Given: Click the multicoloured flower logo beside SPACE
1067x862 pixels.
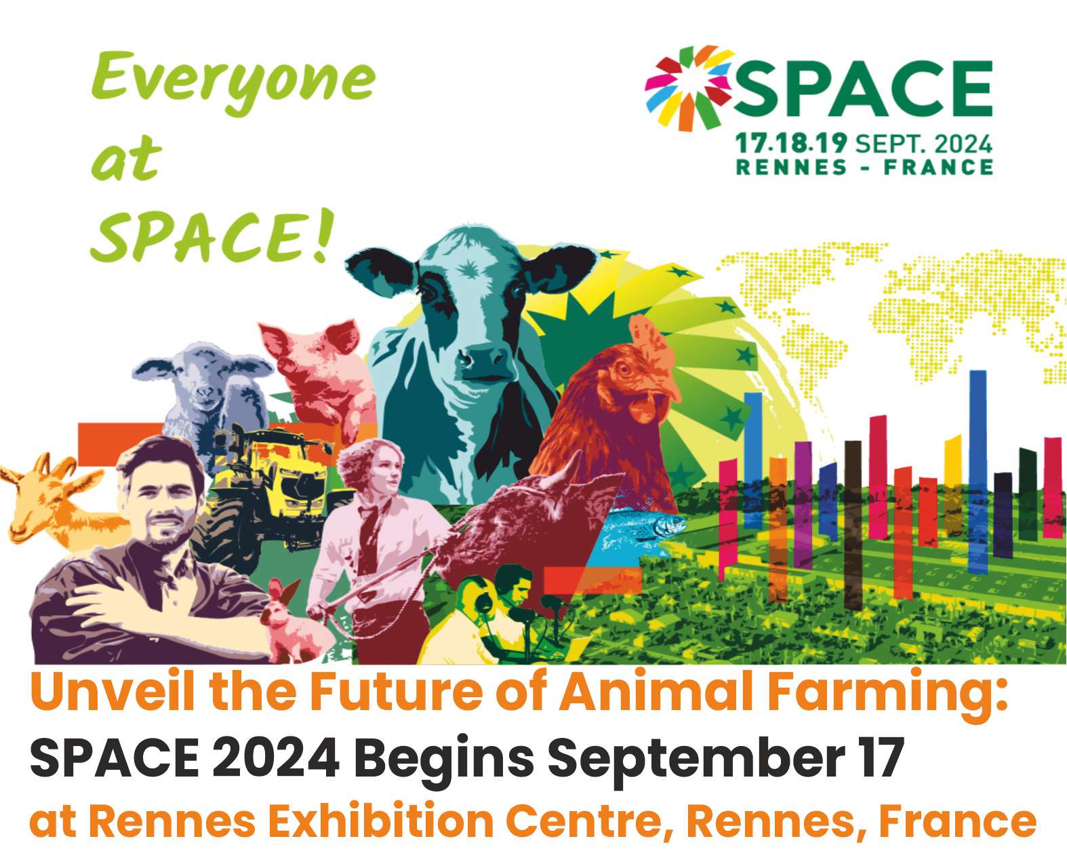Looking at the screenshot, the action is pos(689,89).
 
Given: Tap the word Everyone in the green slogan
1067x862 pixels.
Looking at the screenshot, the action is pos(233,80).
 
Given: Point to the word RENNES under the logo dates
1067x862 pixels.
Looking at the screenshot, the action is pos(791,167).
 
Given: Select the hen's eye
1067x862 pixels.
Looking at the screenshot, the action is pos(624,370).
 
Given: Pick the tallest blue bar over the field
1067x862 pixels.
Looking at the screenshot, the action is pos(978,471).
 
